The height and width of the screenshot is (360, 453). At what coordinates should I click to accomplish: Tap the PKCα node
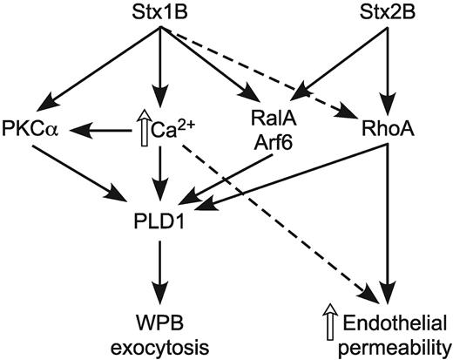[30, 131]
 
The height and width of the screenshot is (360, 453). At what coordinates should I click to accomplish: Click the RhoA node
[384, 131]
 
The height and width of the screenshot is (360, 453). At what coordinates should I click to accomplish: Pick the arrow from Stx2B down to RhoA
[384, 70]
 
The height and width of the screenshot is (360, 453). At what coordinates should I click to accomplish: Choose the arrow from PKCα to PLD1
[83, 170]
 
